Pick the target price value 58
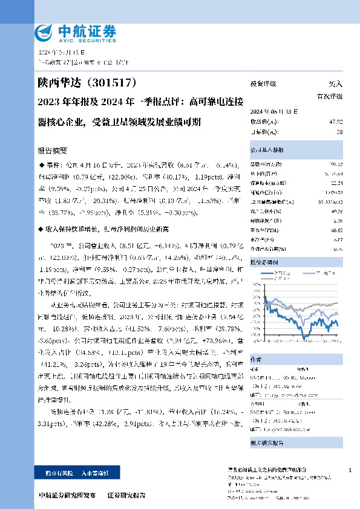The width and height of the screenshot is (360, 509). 339,131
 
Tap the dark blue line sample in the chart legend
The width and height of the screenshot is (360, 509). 268,273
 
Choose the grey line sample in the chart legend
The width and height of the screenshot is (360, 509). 267,279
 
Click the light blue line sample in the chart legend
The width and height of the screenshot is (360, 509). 307,273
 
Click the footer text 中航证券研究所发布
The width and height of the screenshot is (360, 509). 67,495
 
